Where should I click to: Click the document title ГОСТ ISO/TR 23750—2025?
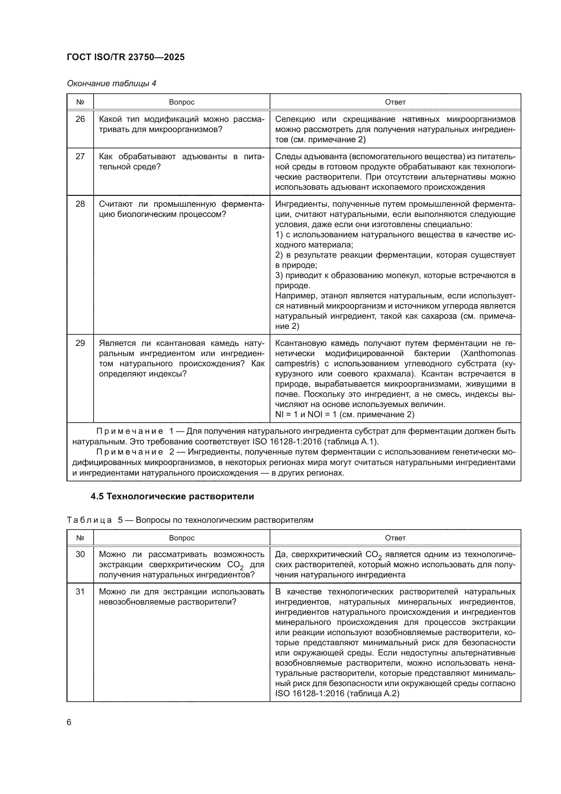click(x=126, y=57)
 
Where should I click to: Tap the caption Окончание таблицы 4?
click(x=111, y=84)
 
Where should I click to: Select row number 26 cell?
click(x=80, y=119)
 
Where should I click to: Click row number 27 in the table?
click(x=80, y=156)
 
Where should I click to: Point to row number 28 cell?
click(x=80, y=204)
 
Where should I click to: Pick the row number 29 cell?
click(x=80, y=343)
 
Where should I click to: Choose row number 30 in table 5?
click(x=80, y=554)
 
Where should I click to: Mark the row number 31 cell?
click(x=80, y=592)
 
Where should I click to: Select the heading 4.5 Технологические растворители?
click(x=172, y=497)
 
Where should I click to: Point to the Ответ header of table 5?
click(x=395, y=538)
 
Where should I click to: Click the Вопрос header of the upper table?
click(x=182, y=102)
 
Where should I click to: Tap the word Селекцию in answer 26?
click(x=295, y=119)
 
